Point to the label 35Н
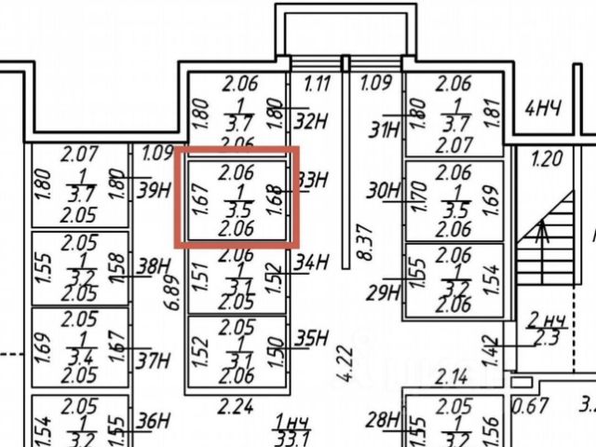click(x=313, y=338)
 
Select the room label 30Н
click(x=383, y=191)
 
